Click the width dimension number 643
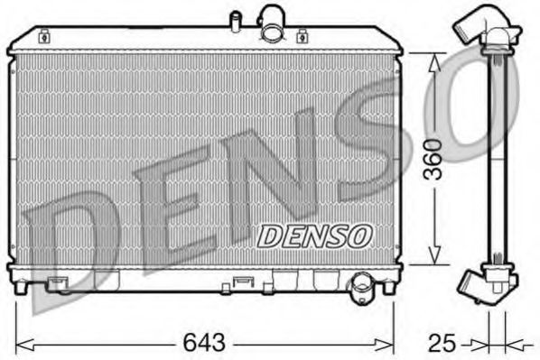click(x=205, y=344)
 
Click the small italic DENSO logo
click(x=314, y=235)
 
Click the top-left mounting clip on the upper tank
click(x=44, y=37)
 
